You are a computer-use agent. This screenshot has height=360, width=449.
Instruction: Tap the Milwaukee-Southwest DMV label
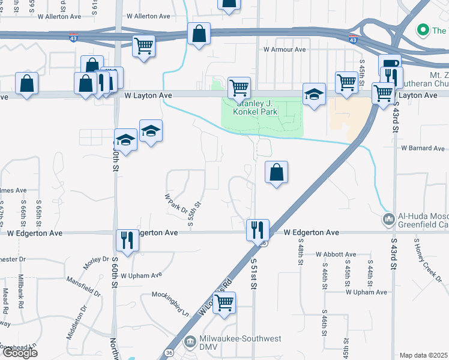click(x=240, y=339)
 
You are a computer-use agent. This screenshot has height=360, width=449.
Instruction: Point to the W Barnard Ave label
click(x=424, y=148)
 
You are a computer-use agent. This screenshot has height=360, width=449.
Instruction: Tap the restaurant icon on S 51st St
click(x=258, y=229)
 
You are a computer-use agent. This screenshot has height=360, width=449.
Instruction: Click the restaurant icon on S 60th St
click(x=127, y=240)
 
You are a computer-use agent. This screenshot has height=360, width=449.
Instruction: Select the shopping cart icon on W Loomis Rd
click(x=224, y=302)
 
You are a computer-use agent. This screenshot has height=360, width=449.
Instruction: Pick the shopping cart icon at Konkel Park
click(x=239, y=87)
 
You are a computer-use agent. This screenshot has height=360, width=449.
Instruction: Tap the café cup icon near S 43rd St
click(x=389, y=64)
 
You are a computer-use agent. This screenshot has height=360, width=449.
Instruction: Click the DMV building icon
click(x=190, y=341)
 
